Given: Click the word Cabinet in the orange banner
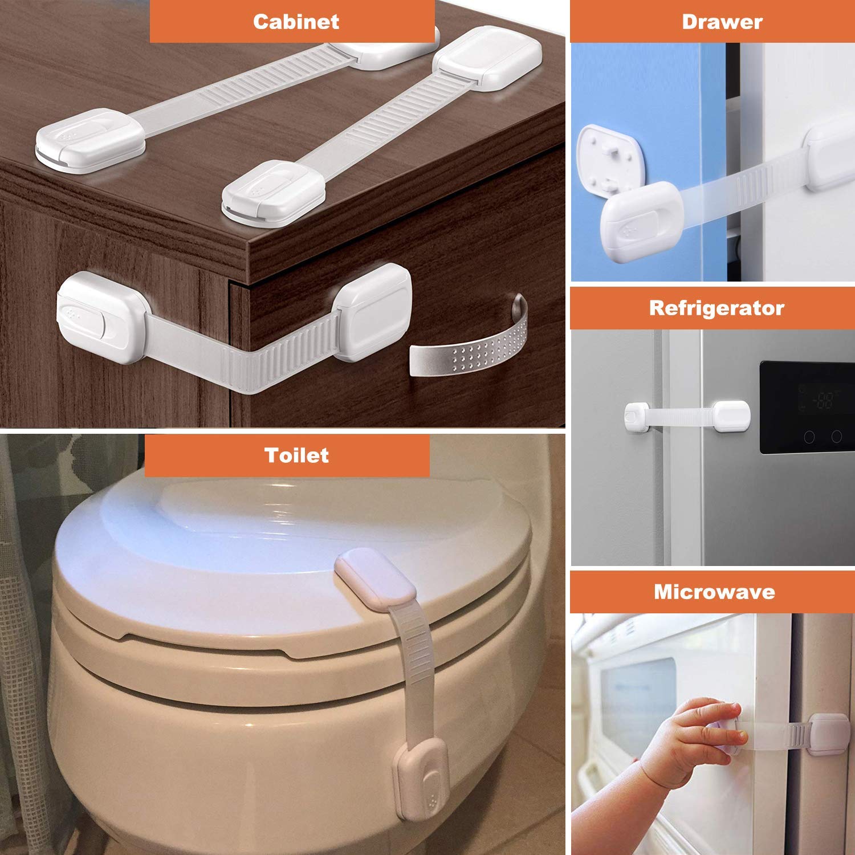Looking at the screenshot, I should [296, 22].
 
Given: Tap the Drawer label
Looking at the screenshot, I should [722, 22].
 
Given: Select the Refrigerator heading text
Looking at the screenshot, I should [716, 308].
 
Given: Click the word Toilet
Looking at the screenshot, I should [296, 455].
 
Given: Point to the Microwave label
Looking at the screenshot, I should [714, 592].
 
